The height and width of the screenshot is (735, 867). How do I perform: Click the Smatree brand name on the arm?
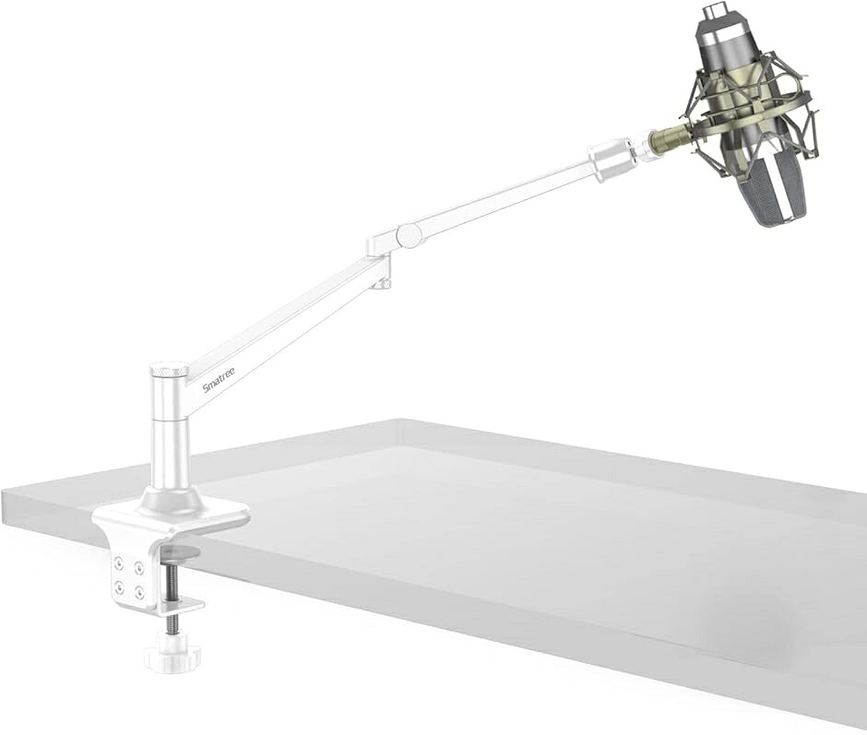click(x=219, y=379)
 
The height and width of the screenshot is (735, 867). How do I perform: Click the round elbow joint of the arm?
click(x=410, y=234)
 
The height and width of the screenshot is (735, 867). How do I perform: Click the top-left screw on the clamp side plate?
click(x=119, y=563)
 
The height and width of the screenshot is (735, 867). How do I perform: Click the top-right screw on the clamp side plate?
click(x=138, y=567)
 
